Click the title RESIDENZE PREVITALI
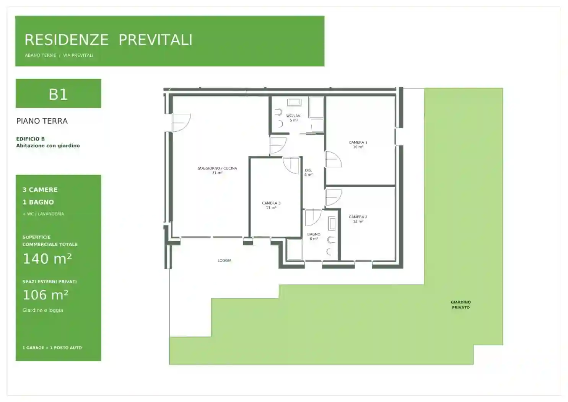click(109, 40)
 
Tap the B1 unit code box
click(58, 93)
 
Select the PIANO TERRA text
click(42, 121)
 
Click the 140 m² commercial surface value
click(47, 258)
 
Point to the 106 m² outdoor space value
click(46, 295)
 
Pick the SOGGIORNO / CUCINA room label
click(217, 168)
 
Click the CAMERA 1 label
click(358, 142)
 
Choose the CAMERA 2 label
click(358, 217)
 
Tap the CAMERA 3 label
click(271, 203)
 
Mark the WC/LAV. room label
click(294, 116)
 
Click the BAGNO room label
click(314, 234)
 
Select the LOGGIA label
click(225, 260)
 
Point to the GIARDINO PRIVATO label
click(461, 305)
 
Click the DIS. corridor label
click(308, 170)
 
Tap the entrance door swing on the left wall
click(181, 123)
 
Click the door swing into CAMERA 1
click(334, 159)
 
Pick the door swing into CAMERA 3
click(291, 165)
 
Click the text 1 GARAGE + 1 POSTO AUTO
click(52, 348)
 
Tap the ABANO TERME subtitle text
click(40, 56)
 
